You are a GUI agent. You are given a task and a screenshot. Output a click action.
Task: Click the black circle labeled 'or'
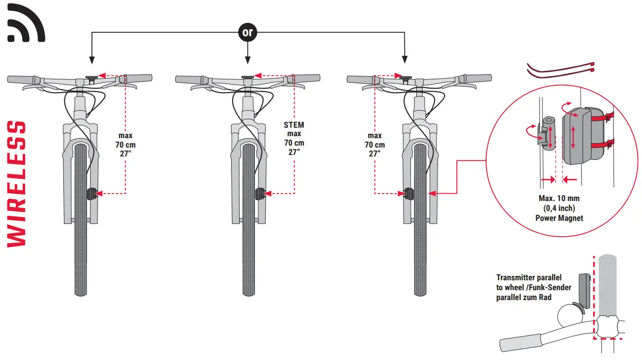tap(247, 33)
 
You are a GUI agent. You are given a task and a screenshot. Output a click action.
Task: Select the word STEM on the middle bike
tap(294, 125)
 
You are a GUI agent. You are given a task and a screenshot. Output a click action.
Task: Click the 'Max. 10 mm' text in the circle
tap(559, 199)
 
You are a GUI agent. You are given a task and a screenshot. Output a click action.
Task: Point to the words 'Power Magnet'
tap(559, 218)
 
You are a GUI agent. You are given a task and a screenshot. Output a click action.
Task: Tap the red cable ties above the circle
tap(561, 70)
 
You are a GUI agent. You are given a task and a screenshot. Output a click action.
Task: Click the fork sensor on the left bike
tap(92, 193)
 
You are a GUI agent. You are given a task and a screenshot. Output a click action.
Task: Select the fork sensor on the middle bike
tap(260, 193)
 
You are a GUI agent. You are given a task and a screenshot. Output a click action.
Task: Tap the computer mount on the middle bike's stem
tap(247, 77)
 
